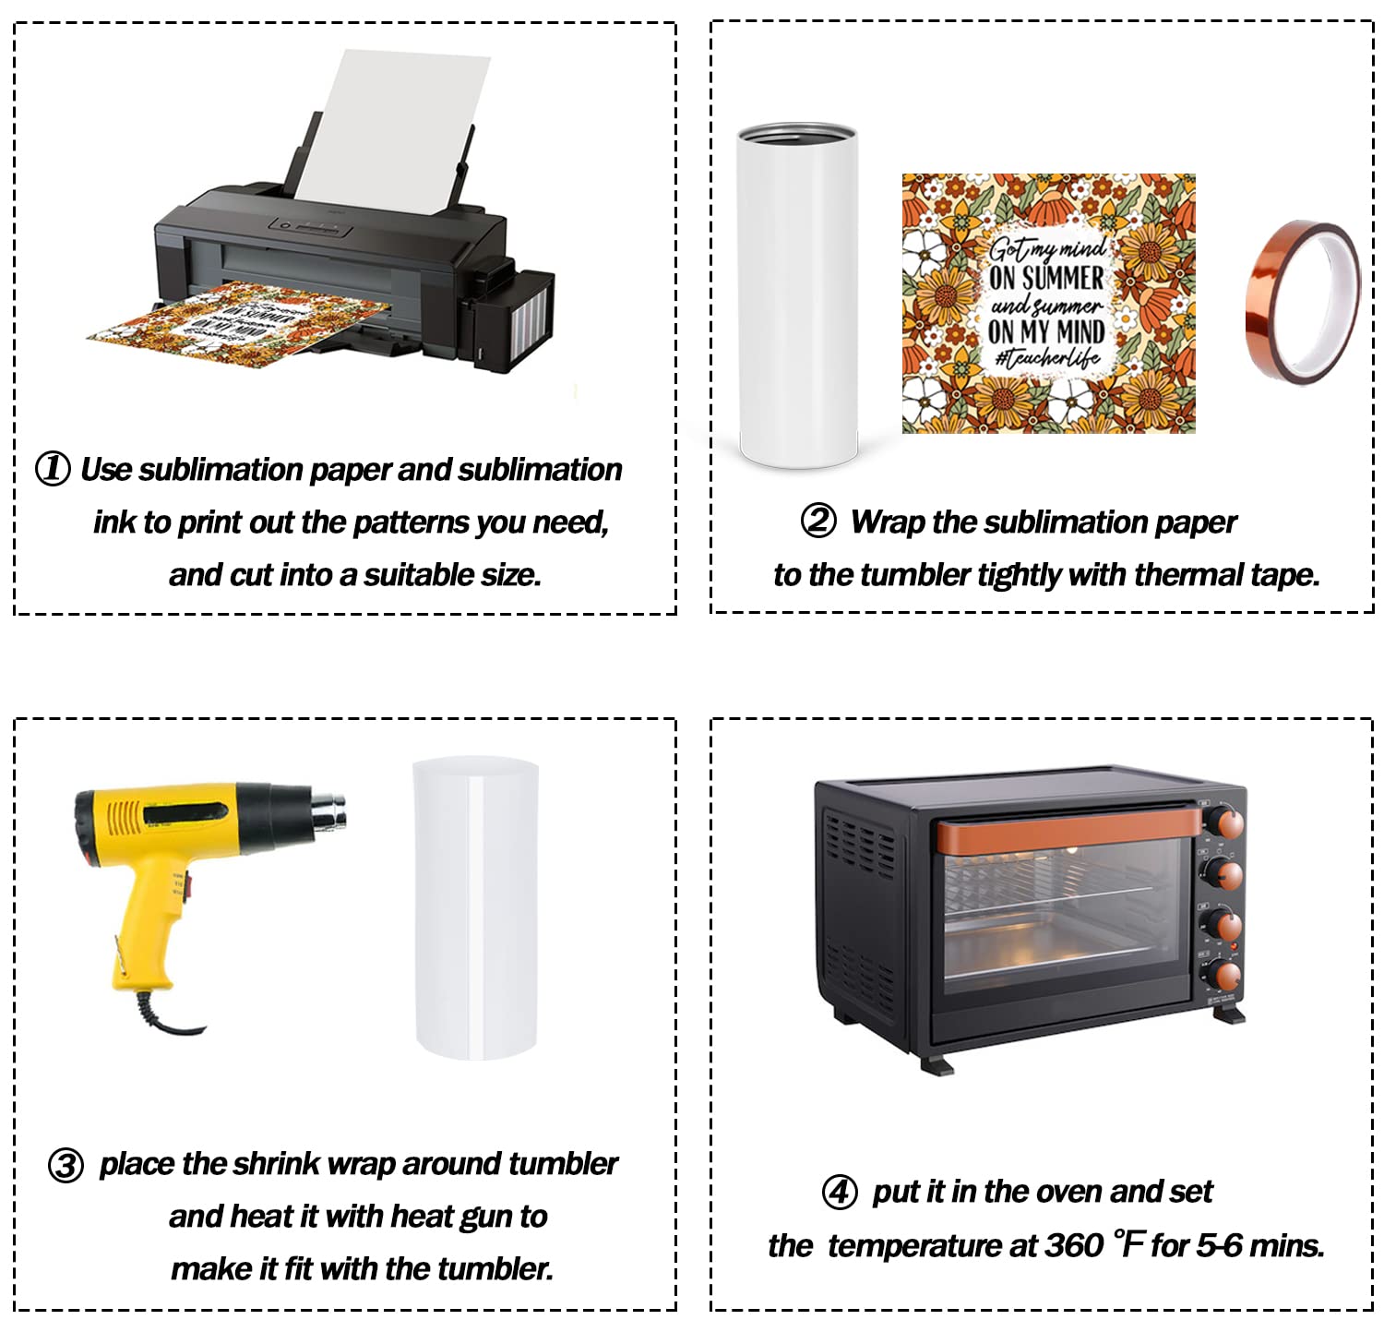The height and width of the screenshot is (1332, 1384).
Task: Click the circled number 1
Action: (x=53, y=468)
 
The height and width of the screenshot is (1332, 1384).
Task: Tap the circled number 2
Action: (x=818, y=521)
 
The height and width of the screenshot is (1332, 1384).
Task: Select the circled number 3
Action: (x=66, y=1165)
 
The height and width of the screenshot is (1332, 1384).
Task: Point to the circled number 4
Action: (x=840, y=1192)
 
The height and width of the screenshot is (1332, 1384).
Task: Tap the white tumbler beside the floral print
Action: (x=798, y=294)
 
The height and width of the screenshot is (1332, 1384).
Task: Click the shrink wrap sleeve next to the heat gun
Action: (x=475, y=907)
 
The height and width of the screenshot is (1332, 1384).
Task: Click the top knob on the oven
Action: (x=1224, y=820)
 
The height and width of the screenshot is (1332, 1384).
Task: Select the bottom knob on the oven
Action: (x=1224, y=975)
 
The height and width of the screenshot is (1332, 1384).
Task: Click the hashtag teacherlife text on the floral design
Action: (x=1047, y=358)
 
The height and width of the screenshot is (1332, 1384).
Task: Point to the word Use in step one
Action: (x=107, y=469)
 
